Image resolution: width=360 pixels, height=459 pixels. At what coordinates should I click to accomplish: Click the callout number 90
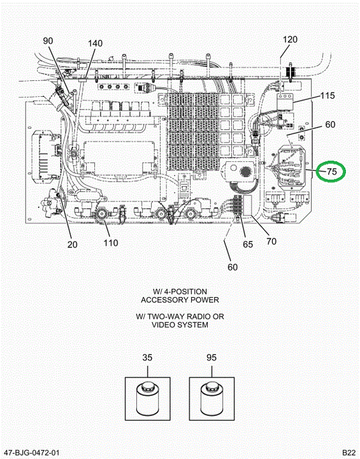pos(48,41)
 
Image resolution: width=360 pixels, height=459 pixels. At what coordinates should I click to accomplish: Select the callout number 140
pos(95,43)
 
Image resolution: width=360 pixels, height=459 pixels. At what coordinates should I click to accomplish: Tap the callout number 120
pos(290,40)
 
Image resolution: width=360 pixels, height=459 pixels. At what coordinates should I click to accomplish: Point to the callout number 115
pos(328,96)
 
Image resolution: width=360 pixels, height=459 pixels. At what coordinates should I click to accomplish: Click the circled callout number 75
pos(331,171)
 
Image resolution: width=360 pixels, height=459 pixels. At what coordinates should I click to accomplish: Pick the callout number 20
pos(72,244)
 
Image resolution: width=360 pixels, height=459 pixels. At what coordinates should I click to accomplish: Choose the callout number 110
pos(111,243)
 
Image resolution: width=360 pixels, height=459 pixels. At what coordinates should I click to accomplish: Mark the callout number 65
pos(248,244)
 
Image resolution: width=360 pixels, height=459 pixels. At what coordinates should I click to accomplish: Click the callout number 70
pos(271,241)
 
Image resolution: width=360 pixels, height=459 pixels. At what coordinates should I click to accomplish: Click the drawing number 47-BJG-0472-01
pos(32,453)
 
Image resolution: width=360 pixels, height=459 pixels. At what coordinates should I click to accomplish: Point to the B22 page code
pos(349,453)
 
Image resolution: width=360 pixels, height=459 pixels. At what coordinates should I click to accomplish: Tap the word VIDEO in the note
pos(162,324)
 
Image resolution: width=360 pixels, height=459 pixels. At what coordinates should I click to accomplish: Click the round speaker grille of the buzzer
pos(245,171)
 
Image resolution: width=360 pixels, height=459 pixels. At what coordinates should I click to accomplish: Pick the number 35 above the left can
pos(147,358)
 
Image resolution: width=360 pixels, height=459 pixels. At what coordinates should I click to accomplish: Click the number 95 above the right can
pos(212,358)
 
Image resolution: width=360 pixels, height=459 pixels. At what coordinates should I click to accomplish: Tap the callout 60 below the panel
pos(233,267)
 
